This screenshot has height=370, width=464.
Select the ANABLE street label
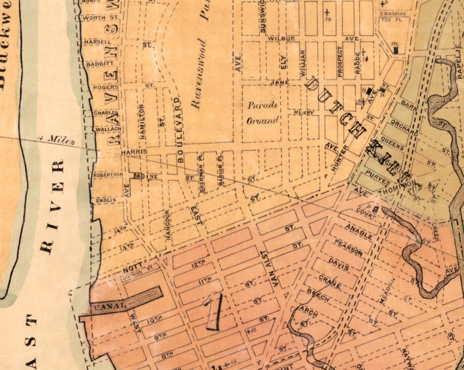358,232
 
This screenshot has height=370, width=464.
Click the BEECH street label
318,295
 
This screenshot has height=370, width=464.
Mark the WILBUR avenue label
282,38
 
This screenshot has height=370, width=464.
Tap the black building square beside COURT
375,210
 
